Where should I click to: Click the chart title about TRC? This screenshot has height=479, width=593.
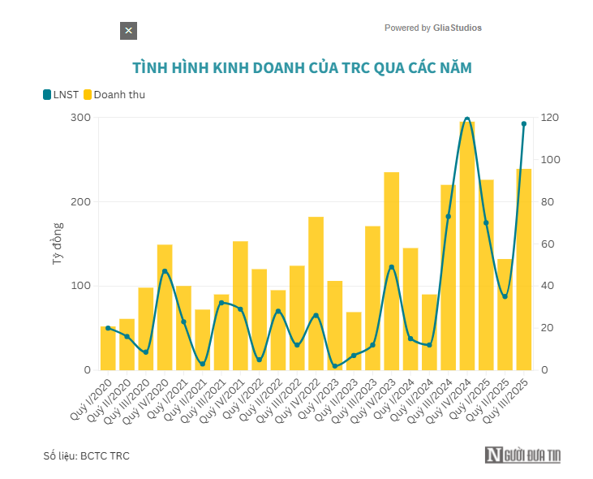[x=301, y=67]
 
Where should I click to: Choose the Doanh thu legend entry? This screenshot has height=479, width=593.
[x=114, y=95]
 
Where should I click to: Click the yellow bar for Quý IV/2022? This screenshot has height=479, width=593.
[x=316, y=293]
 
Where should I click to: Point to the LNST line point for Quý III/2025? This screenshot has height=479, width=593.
[x=523, y=124]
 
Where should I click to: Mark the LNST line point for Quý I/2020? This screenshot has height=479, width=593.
[x=108, y=328]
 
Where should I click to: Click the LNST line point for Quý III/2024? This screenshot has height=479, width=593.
[x=448, y=217]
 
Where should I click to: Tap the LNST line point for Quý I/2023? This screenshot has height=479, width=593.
[x=334, y=366]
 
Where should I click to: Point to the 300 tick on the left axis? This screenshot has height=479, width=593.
[x=79, y=118]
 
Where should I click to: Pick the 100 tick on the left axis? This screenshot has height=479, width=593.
[x=79, y=286]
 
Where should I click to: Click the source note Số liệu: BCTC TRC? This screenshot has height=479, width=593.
[x=86, y=456]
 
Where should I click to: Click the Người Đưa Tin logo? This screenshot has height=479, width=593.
[x=523, y=455]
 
